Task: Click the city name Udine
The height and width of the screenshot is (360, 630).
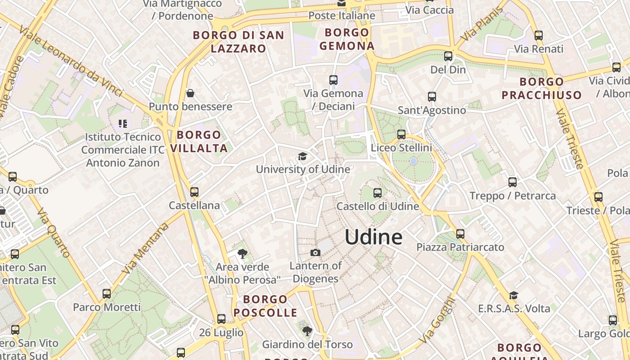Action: tap(373, 237)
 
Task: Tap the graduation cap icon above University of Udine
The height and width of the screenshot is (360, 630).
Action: tap(302, 156)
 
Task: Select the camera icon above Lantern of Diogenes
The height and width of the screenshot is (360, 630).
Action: tap(315, 252)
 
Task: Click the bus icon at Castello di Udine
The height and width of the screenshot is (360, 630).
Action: tap(378, 193)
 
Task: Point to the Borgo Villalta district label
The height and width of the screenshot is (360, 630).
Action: tap(199, 141)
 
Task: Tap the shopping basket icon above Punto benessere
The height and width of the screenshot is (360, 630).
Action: tap(190, 93)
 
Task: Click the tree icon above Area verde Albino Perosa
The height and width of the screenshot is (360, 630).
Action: tap(242, 254)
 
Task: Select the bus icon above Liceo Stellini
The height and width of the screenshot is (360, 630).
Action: tap(401, 135)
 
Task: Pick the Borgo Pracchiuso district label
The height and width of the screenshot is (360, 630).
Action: tap(542, 88)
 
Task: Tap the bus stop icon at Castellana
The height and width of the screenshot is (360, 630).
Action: tap(194, 192)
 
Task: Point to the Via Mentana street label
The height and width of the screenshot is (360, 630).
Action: tap(145, 248)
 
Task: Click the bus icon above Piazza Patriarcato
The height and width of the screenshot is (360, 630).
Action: tap(460, 234)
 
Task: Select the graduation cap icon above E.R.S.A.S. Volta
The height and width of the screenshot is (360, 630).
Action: tap(513, 295)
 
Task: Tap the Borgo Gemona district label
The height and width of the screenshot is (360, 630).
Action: tap(347, 39)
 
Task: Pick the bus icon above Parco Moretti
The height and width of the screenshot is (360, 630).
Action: tap(107, 294)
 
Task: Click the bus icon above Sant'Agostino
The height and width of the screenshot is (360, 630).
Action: tap(432, 97)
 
